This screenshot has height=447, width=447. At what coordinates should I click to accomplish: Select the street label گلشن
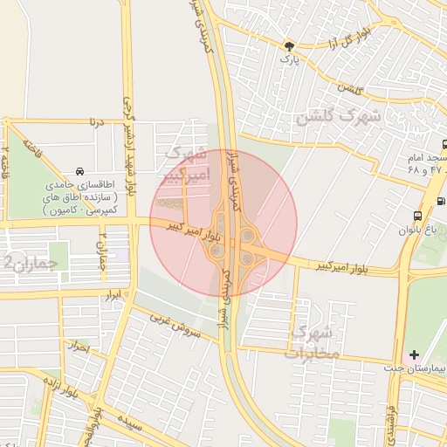coord(349,89)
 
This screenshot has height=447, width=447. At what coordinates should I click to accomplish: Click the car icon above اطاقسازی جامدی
coord(80,171)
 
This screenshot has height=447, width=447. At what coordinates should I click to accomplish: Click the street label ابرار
coord(111,297)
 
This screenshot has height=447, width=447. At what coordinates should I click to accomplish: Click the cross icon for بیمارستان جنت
coord(415,355)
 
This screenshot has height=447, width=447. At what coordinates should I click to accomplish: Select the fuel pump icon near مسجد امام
coord(440,201)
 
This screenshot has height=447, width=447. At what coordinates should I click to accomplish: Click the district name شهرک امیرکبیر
coord(188,163)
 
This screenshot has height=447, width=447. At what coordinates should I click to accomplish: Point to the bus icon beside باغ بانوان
coord(417,215)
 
